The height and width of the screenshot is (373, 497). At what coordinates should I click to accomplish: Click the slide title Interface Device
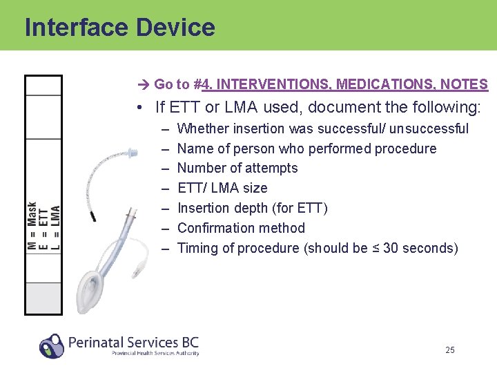(119, 27)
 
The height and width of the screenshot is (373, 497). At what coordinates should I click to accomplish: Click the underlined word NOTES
(465, 85)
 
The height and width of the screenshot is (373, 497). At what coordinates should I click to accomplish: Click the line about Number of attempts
(237, 168)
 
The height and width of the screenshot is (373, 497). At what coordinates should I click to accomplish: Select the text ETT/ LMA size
(222, 188)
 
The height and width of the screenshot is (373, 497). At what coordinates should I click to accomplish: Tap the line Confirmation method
(241, 228)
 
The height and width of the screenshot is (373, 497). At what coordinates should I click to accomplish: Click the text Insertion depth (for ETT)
(252, 208)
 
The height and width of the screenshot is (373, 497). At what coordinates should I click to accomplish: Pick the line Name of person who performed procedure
(306, 149)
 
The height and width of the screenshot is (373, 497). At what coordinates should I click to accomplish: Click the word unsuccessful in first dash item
(429, 128)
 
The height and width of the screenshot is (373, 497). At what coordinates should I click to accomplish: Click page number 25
(450, 350)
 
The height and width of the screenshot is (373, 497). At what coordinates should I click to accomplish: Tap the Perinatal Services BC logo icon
(52, 345)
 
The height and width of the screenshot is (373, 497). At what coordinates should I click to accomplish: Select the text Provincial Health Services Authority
(155, 353)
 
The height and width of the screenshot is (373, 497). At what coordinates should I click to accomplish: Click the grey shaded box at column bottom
(43, 298)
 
